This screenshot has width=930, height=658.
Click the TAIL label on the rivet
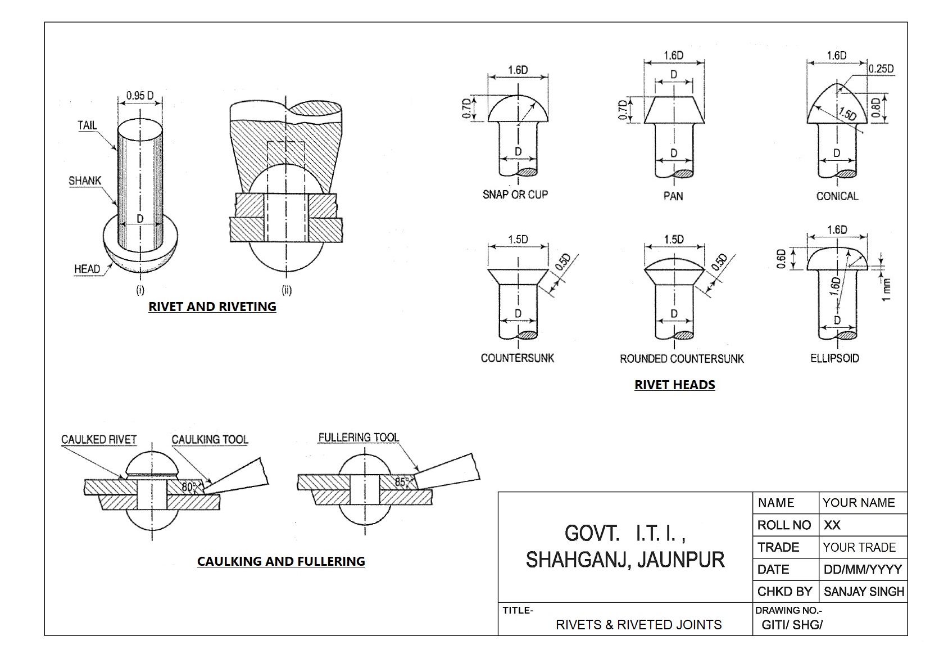tap(87, 125)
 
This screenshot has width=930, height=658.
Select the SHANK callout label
tap(85, 181)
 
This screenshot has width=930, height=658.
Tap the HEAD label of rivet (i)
tap(87, 269)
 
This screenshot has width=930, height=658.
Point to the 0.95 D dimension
tap(140, 96)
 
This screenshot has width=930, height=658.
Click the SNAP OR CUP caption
tap(515, 195)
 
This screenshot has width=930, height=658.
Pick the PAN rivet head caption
tap(673, 196)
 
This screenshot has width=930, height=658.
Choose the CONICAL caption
tap(837, 196)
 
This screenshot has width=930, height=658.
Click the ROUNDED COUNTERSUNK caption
tap(682, 358)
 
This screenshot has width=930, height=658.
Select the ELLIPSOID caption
tap(834, 358)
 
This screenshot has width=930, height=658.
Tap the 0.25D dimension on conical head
tap(881, 69)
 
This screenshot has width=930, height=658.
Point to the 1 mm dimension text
tap(886, 289)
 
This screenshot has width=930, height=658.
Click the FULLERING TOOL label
tap(359, 437)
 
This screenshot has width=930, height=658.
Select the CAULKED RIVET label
tap(99, 439)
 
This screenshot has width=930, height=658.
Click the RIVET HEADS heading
tap(674, 385)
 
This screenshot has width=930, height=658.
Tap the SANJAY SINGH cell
tap(864, 592)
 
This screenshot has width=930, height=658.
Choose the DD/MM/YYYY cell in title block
tap(863, 569)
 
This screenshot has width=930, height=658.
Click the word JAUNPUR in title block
tap(681, 560)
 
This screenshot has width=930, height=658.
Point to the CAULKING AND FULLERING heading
tap(281, 561)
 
